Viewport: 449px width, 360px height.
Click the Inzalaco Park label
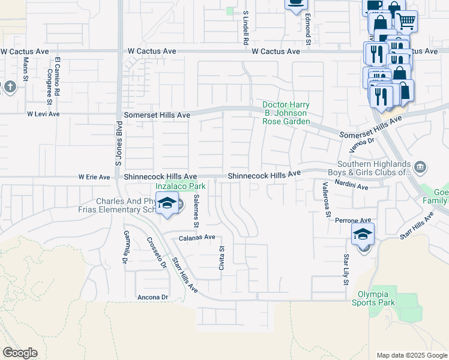(181, 186)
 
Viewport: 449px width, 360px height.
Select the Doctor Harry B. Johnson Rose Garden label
(286, 113)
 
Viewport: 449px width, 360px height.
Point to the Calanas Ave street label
(197, 238)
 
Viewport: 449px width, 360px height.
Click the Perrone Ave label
(351, 220)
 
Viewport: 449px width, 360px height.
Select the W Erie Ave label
(94, 177)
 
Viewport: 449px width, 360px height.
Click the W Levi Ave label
(43, 113)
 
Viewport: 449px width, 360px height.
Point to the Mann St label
(26, 70)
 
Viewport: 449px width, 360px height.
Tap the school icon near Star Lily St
(363, 234)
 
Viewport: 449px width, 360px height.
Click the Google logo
(20, 353)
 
